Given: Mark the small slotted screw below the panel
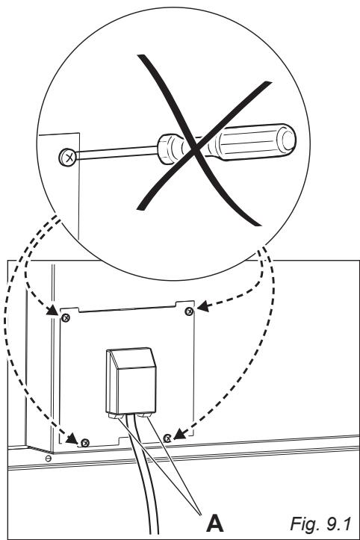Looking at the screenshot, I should (x=49, y=457).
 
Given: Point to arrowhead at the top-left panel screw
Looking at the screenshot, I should (x=55, y=311).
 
